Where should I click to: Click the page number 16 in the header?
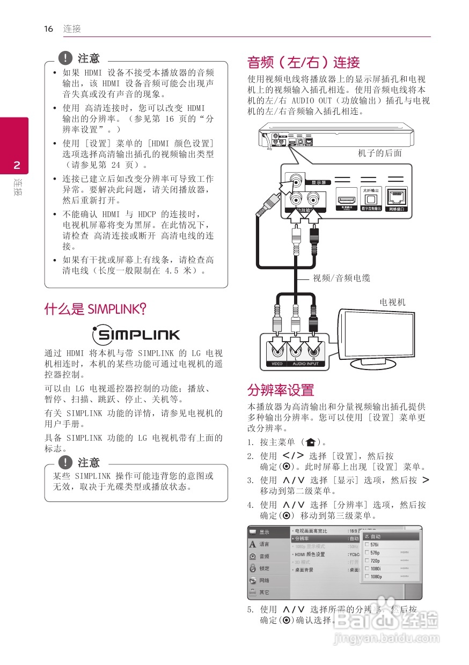tap(49, 29)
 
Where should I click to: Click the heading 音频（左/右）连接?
tap(303, 62)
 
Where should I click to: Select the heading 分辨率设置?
tap(280, 390)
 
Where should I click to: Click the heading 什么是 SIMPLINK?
tap(96, 309)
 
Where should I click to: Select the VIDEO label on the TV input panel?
tap(277, 364)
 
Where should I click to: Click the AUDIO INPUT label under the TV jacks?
tap(305, 364)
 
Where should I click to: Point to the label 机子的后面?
tap(380, 153)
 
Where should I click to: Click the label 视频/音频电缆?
tap(342, 278)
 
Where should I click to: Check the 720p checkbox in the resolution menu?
tap(367, 560)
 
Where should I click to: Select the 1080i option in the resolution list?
tap(376, 568)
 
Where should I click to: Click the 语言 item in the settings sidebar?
tap(265, 544)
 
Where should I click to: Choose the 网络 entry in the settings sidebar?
tap(265, 580)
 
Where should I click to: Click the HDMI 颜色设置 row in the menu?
tap(310, 554)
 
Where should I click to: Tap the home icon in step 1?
tap(310, 442)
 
